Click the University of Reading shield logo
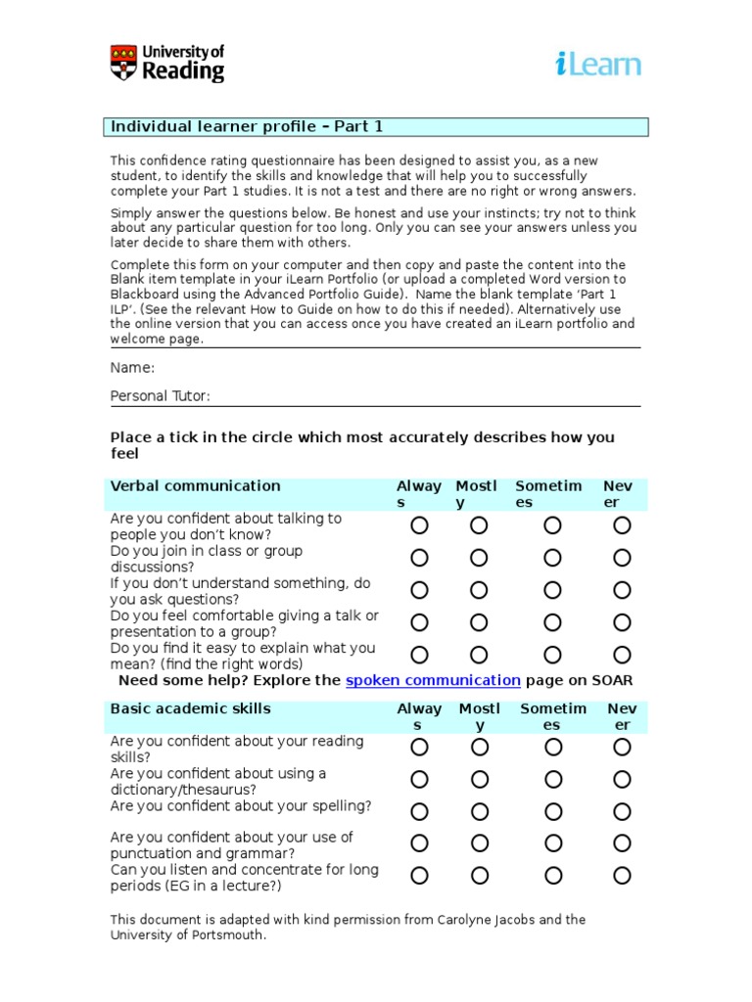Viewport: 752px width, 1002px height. (124, 62)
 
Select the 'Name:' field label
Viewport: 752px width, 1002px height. (132, 368)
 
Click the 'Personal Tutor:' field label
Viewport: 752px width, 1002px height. (160, 396)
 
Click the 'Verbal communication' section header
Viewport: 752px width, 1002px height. (195, 486)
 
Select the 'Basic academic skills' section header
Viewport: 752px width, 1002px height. (190, 708)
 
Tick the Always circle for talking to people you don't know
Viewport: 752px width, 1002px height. (419, 525)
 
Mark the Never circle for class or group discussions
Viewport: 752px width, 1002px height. (622, 558)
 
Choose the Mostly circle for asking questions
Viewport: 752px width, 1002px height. (478, 590)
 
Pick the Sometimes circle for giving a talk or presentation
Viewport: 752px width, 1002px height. (552, 622)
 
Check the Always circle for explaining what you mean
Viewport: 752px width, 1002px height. (419, 655)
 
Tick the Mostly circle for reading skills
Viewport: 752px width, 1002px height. (479, 748)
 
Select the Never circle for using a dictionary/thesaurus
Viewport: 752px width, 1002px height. (622, 780)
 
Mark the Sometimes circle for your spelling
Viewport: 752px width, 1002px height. (553, 811)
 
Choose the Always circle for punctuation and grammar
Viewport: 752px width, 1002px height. (419, 843)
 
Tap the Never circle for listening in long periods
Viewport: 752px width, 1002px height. (622, 875)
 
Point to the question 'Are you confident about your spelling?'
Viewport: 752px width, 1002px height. (241, 806)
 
